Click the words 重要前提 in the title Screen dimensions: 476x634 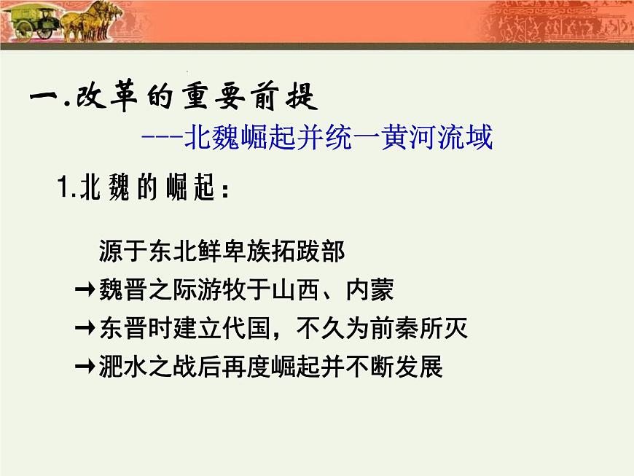[243, 97]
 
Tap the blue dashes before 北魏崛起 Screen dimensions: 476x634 [162, 137]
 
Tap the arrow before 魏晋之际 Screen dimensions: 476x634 [85, 291]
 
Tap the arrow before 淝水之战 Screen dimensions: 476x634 [85, 367]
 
